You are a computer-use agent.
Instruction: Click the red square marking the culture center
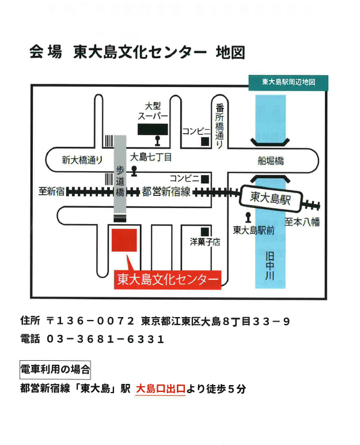124,240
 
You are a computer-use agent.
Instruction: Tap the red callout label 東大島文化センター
168,280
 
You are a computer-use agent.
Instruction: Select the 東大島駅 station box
270,198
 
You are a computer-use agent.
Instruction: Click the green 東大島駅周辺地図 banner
288,82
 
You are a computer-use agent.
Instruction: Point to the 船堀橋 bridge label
271,161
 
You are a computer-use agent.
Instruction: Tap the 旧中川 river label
270,266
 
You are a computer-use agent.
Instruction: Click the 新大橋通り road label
82,160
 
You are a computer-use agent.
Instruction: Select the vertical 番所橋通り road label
219,126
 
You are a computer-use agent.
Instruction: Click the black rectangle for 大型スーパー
153,129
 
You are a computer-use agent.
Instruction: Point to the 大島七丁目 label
151,157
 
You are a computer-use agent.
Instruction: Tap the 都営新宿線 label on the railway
166,191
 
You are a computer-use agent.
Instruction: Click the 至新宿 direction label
52,191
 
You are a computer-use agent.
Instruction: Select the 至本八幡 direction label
302,222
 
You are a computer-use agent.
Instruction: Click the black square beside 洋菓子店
205,232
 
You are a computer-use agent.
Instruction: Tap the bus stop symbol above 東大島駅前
248,218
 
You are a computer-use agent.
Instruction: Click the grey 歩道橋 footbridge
120,174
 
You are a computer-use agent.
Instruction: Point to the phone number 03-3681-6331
105,339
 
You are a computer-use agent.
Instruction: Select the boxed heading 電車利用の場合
55,370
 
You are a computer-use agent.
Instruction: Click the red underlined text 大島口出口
161,389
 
